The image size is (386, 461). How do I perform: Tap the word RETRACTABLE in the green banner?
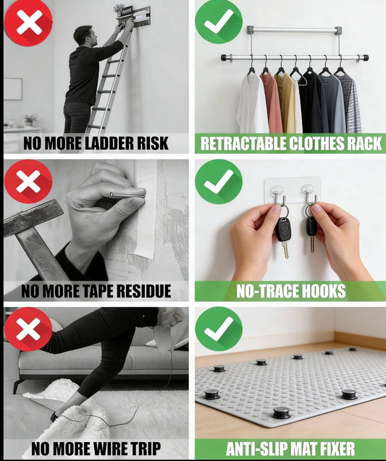tap(243, 143)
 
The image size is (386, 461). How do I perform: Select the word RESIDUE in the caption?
tap(143, 291)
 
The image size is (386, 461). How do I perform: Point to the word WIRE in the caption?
tap(111, 449)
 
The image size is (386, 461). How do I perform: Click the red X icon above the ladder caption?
tap(29, 22)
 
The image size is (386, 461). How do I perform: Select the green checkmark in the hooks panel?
tap(219, 182)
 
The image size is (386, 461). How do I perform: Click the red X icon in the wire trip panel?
tap(28, 329)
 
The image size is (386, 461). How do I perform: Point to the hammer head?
tap(33, 218)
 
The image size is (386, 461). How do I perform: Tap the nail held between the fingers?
tap(127, 194)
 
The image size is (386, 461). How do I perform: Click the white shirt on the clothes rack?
tap(252, 103)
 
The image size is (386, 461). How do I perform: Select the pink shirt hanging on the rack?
tap(272, 103)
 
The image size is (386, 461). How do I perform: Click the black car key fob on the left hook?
tap(283, 229)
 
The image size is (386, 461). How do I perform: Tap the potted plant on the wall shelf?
tap(119, 10)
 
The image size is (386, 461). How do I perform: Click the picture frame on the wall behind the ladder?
tap(12, 89)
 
